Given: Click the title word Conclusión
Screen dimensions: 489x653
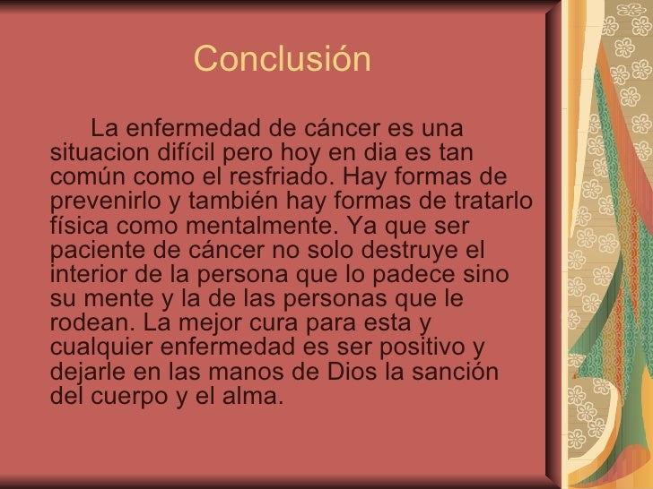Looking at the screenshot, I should pos(282,60).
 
